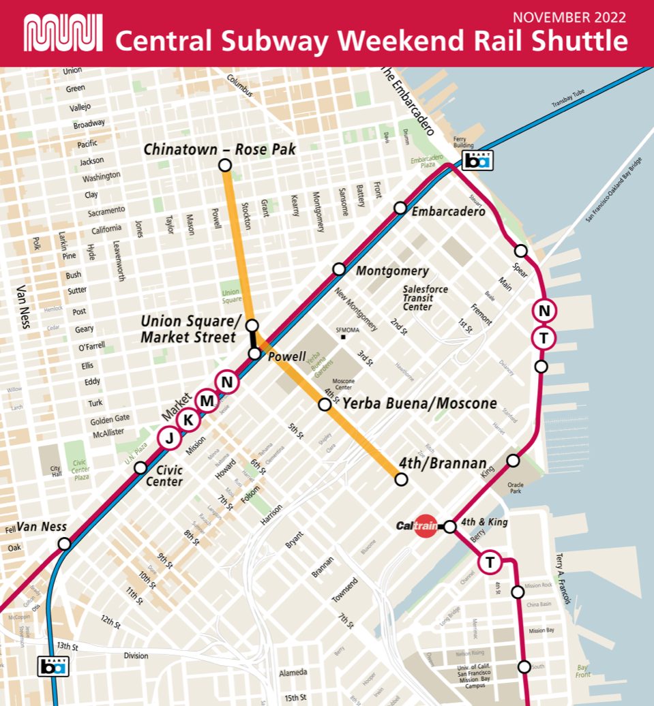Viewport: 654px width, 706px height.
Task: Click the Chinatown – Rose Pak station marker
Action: coord(224,165)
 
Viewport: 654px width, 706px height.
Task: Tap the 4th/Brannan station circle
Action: coord(401,480)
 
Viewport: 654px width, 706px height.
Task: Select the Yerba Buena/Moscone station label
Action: coord(419,403)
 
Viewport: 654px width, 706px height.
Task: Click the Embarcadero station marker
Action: coord(400,208)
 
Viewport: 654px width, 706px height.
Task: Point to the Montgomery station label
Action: coord(392,271)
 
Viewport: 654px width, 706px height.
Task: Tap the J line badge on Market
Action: coord(169,438)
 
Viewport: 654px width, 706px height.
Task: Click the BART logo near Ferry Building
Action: coord(477,160)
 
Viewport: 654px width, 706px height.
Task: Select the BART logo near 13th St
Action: coord(53,666)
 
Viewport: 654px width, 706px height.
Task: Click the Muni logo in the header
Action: coord(63,33)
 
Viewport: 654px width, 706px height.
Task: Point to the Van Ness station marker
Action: coord(64,544)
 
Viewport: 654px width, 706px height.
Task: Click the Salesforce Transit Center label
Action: coord(425,298)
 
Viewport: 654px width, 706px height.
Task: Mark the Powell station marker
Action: coord(254,353)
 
